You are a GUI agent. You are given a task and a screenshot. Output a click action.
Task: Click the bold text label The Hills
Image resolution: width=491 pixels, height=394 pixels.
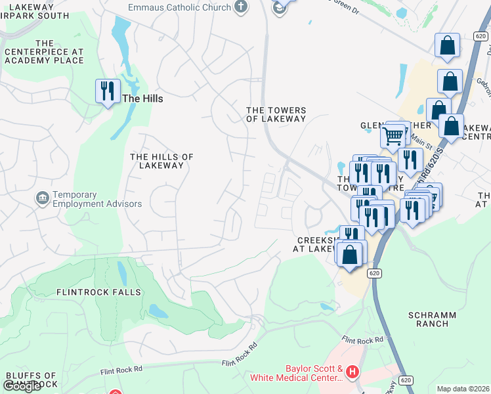[x=142, y=98]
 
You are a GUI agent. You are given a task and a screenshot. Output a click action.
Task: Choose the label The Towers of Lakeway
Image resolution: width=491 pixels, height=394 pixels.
[x=276, y=115]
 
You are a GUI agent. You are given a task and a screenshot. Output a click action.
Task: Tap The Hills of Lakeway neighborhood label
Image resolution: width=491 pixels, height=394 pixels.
[x=161, y=161]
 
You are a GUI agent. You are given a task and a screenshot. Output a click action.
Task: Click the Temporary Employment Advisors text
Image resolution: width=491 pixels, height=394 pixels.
[x=96, y=199]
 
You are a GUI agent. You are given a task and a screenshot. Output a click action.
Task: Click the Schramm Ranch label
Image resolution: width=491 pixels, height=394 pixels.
[x=432, y=319]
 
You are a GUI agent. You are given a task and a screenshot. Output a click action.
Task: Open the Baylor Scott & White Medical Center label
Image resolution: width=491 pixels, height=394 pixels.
[x=297, y=373]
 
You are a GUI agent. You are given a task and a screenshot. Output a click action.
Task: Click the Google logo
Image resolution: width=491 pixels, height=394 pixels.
[x=22, y=386]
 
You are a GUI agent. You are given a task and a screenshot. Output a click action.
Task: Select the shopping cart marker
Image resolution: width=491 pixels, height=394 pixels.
[x=392, y=137]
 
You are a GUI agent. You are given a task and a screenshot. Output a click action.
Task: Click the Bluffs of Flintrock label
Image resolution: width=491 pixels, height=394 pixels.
[x=31, y=380]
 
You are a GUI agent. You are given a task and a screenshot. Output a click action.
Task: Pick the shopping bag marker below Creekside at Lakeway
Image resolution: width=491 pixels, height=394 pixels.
[x=351, y=253]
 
